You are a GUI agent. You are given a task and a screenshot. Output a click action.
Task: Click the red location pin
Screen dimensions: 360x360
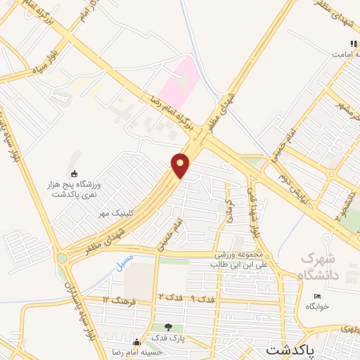(x=181, y=166)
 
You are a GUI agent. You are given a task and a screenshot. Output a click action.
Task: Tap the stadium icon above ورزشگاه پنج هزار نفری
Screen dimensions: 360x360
(x=75, y=174)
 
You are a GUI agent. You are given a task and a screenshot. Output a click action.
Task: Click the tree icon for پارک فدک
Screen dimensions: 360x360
(x=167, y=327)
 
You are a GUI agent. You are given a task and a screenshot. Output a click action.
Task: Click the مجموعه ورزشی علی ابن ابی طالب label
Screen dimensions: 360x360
(x=240, y=261)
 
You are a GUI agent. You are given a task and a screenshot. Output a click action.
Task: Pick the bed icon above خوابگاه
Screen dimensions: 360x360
(x=317, y=295)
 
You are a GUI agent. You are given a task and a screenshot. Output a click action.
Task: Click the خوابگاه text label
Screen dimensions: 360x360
(x=318, y=307)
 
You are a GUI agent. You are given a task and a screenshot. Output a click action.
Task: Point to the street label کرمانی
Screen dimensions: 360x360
(x=229, y=209)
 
